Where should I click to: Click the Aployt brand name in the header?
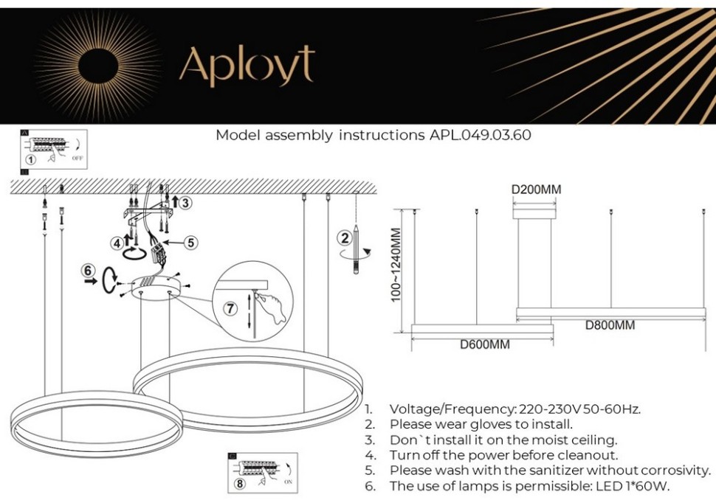pos(247,65)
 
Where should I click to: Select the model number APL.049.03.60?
pos(480,136)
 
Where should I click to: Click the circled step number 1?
pos(30,159)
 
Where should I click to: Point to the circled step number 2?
pos(343,237)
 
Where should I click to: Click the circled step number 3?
pos(185,202)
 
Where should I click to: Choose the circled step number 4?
pos(117,243)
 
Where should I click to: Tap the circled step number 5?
pos(190,241)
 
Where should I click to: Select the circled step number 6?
pos(88,270)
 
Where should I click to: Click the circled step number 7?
pos(230,308)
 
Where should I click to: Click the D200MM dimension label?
pos(536,190)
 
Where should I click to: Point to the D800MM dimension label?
pos(610,325)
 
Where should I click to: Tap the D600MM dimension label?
pos(484,344)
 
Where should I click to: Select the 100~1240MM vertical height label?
pos(396,265)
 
